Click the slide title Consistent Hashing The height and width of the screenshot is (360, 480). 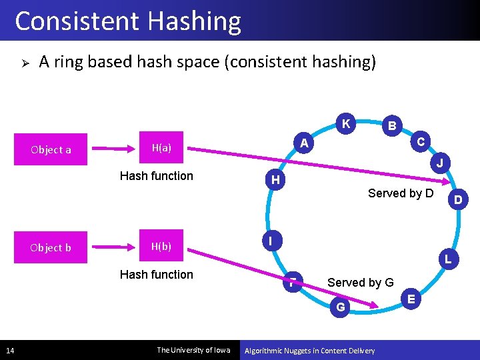[128, 21]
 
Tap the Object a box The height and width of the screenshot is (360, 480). [51, 149]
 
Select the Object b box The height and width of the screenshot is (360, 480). [51, 247]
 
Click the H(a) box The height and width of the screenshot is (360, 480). [161, 148]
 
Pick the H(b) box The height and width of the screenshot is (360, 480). [161, 246]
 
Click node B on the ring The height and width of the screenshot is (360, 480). [393, 125]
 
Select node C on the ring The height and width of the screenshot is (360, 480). [421, 141]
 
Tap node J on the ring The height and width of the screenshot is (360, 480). [441, 163]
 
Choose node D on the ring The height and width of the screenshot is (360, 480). [457, 199]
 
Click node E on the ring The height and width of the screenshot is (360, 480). [411, 299]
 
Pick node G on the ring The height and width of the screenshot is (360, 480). [341, 307]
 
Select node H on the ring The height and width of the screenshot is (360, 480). [275, 180]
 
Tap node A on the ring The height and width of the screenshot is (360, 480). [304, 143]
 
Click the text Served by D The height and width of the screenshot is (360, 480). [401, 193]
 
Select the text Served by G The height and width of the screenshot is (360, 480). [360, 283]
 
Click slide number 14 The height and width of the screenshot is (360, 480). [9, 350]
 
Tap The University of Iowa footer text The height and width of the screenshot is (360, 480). [193, 350]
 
